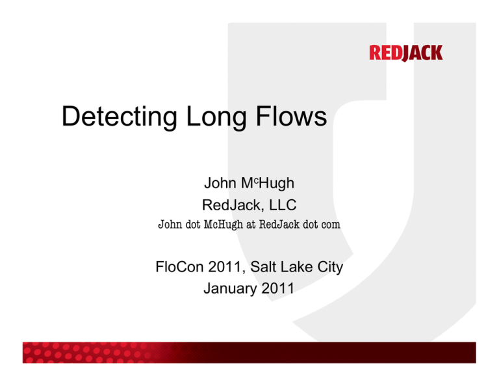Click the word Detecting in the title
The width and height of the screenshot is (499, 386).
tap(119, 117)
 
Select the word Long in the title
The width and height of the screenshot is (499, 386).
tap(216, 117)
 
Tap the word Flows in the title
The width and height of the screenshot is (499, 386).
tap(291, 116)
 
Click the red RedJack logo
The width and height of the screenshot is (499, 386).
tap(405, 53)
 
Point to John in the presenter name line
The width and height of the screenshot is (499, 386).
tap(220, 183)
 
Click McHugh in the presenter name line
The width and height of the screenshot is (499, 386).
tap(268, 184)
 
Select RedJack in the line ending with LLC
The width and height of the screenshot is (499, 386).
tap(231, 205)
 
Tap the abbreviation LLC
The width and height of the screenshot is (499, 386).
tap(283, 205)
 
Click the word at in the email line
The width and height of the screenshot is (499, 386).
tap(251, 225)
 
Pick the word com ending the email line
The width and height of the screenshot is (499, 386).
tap(331, 225)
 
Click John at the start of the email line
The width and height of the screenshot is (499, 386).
tap(170, 225)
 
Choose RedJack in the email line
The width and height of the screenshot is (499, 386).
tap(279, 225)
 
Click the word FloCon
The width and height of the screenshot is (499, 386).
tap(179, 267)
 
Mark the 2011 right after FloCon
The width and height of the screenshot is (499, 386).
tap(225, 267)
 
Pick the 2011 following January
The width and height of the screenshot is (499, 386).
tap(278, 288)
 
